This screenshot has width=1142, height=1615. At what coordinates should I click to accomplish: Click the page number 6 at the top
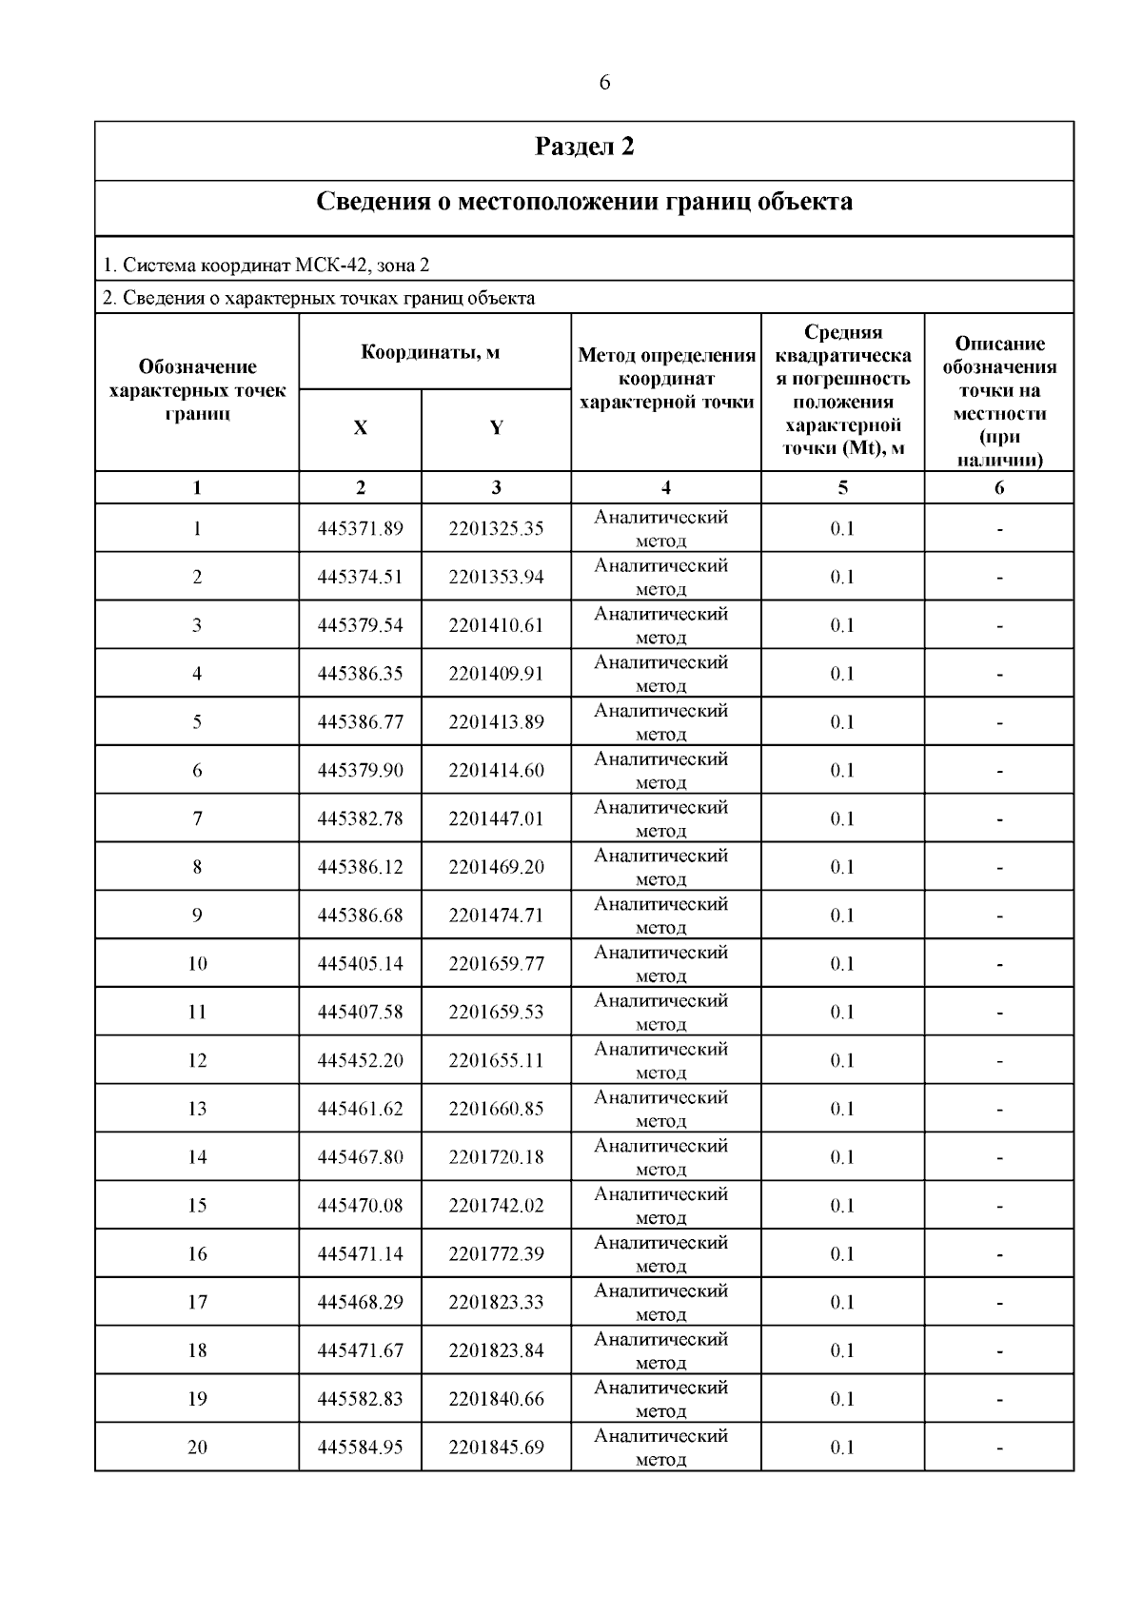pos(604,83)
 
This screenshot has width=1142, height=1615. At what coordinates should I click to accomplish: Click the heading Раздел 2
pos(584,147)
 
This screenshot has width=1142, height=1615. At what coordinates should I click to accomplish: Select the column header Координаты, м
pos(430,353)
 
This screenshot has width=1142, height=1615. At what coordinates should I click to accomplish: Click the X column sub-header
pos(360,428)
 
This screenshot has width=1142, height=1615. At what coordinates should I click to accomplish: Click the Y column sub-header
pos(496,428)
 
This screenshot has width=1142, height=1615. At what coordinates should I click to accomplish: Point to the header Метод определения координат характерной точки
pos(666,379)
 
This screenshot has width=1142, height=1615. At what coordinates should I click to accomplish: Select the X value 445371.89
pos(360,528)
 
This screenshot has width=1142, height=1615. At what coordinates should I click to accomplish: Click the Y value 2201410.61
pos(496,625)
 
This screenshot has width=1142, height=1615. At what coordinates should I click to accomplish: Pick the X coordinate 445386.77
pos(360,722)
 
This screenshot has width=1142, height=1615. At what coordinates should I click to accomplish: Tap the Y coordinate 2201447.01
pos(496,818)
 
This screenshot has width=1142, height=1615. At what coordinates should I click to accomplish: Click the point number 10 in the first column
pos(197,964)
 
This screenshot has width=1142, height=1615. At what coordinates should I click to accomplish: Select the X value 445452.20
pos(360,1060)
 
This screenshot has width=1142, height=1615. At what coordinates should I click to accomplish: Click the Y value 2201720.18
pos(496,1157)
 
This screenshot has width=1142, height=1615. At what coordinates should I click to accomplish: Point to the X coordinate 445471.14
pos(360,1254)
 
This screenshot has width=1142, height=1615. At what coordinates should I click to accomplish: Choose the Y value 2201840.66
pos(496,1399)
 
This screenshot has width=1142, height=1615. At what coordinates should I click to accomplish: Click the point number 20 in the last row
pos(197,1448)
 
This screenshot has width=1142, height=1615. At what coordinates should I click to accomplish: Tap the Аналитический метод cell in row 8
pos(661,867)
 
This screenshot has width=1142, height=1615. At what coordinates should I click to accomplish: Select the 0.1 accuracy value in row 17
pos(842,1303)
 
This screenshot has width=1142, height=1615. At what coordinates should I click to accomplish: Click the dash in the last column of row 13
pos(999,1110)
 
